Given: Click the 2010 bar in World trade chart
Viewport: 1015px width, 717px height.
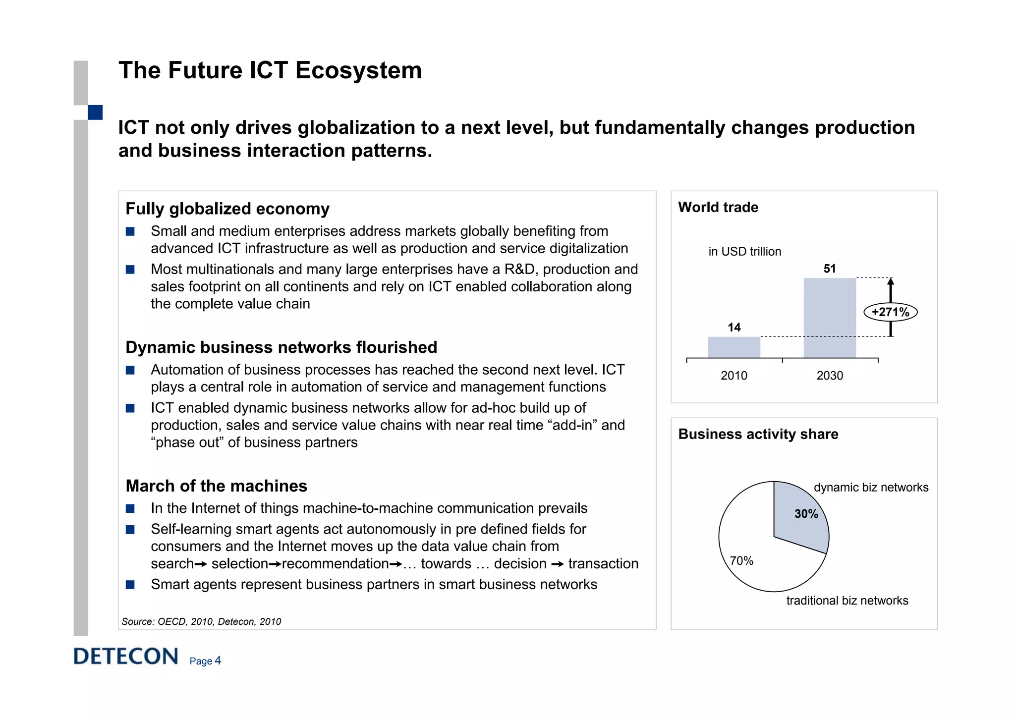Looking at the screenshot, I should click(733, 347).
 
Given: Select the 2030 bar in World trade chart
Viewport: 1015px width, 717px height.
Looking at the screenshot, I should click(829, 318).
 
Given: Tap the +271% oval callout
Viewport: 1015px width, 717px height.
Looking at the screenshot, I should click(890, 312).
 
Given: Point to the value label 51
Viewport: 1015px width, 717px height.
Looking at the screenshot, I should click(829, 269).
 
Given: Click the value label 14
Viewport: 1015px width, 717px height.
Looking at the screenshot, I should click(733, 327).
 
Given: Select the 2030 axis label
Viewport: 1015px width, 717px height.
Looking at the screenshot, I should click(829, 376).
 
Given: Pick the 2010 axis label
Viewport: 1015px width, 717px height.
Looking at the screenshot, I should click(733, 376).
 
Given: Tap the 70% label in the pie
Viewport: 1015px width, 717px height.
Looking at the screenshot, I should click(741, 561).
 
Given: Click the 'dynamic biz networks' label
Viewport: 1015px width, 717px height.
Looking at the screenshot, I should click(871, 487).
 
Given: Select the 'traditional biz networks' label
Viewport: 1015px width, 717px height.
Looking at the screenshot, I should click(847, 601).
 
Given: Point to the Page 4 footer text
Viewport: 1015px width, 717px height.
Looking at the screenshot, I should click(205, 661).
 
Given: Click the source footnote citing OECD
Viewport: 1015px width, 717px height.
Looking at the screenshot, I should click(201, 621).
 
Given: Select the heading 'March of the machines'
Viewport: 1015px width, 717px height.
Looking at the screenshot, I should click(216, 486).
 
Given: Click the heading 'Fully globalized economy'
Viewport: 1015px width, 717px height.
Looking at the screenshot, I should click(227, 209).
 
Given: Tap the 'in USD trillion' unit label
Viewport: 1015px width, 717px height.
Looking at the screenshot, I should click(744, 252).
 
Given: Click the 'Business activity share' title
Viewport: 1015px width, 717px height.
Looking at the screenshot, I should click(758, 434).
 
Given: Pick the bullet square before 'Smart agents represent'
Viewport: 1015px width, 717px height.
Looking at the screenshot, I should click(130, 585).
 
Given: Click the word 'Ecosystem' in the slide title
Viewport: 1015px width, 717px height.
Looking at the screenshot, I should click(358, 70).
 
